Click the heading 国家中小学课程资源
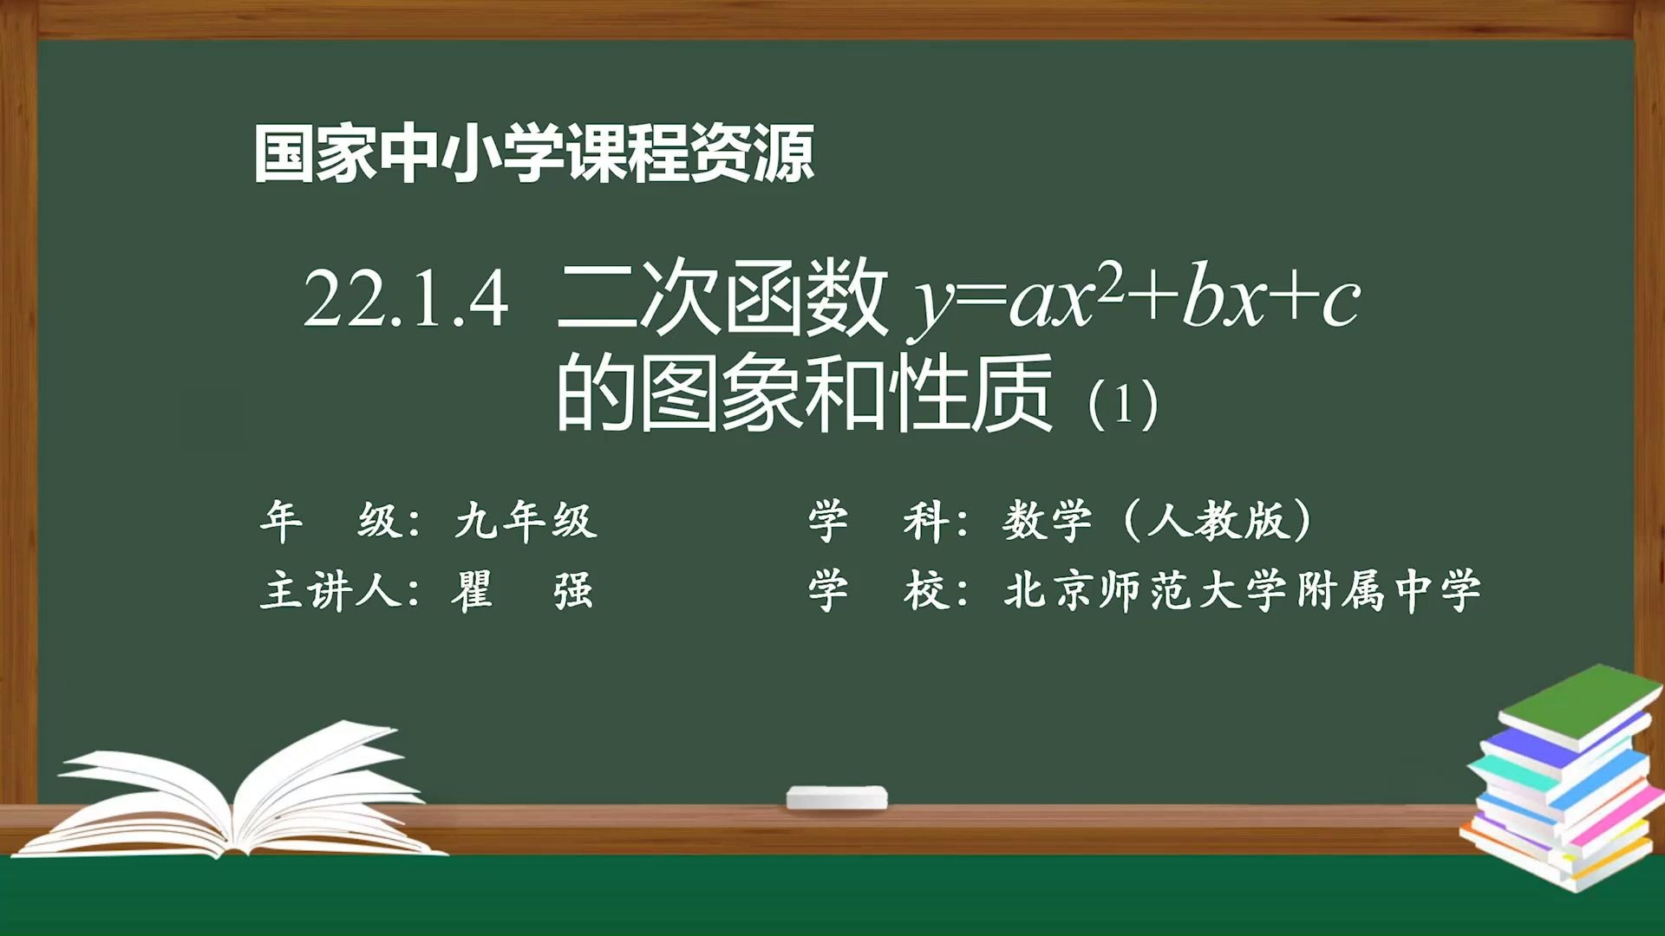(533, 154)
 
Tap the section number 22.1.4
(405, 299)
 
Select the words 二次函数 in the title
(722, 299)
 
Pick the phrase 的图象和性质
(804, 394)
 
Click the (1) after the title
(1123, 404)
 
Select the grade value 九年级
(526, 521)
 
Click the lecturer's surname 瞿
(473, 592)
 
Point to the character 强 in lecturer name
(573, 592)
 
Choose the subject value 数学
(1047, 521)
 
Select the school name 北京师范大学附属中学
(1242, 592)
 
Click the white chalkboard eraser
(837, 796)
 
